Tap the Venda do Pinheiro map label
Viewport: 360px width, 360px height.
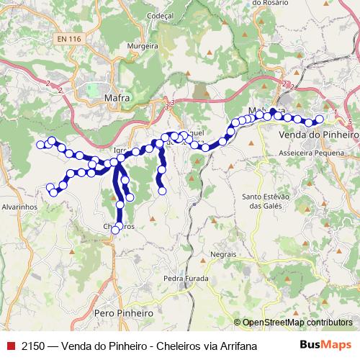tap(318, 135)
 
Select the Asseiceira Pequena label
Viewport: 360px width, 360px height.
tap(314, 153)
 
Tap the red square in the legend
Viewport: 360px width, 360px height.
tap(9, 346)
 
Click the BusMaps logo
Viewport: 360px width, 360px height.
tap(325, 346)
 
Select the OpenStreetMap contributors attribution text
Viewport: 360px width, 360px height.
tap(297, 323)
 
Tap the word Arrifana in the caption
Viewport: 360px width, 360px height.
tap(235, 346)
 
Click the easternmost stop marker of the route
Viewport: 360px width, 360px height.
tap(320, 120)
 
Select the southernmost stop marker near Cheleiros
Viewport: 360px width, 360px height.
tap(115, 230)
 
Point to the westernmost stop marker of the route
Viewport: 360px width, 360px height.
tap(41, 145)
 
